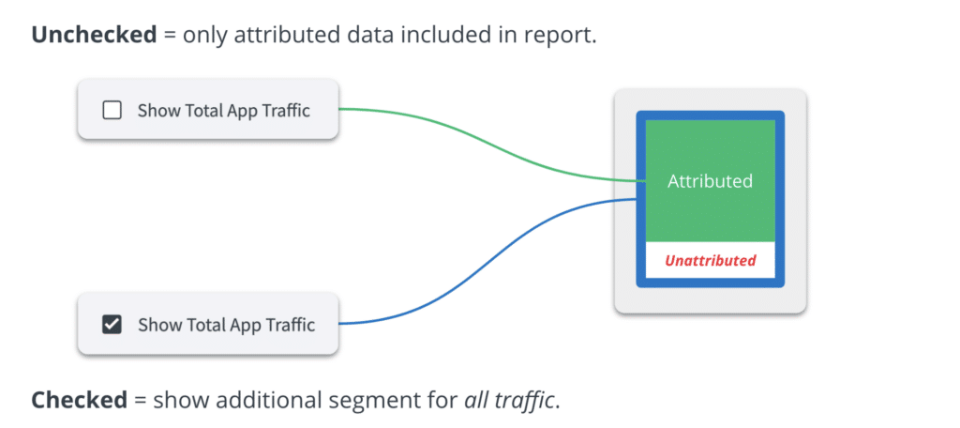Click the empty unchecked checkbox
coord(112,111)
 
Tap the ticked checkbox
coord(112,326)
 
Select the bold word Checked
coord(79,400)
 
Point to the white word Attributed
coord(710,181)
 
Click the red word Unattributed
coord(710,260)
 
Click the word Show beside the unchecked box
coord(157,111)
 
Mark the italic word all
coord(476,400)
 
